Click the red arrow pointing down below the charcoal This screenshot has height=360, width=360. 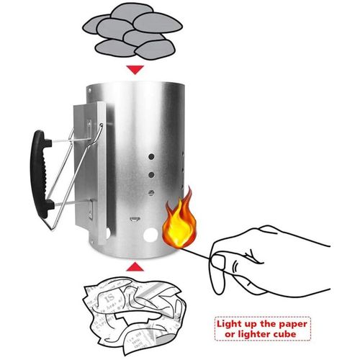[x=135, y=70]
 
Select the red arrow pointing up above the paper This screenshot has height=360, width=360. [x=135, y=267]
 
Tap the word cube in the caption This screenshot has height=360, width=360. [x=292, y=336]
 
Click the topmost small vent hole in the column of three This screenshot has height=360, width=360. [x=150, y=156]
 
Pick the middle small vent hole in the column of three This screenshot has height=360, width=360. [x=150, y=174]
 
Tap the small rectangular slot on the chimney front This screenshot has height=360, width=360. [x=134, y=219]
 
